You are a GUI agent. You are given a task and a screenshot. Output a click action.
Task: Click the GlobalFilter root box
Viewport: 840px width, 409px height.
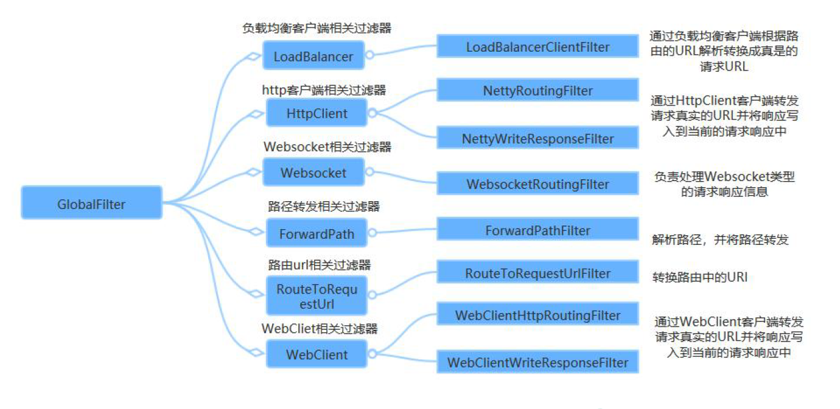tap(91, 203)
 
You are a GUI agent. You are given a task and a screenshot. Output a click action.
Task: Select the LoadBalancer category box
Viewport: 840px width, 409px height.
tap(313, 56)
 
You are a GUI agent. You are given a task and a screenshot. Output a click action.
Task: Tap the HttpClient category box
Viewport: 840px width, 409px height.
tap(317, 113)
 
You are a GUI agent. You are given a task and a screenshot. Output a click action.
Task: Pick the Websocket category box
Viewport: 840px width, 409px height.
tap(313, 172)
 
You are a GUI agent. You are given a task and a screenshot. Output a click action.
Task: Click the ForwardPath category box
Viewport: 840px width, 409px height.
tap(317, 233)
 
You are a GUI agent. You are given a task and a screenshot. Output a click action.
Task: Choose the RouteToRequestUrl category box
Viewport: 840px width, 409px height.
tap(317, 296)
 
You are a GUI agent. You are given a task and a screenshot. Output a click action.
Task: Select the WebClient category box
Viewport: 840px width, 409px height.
tap(317, 354)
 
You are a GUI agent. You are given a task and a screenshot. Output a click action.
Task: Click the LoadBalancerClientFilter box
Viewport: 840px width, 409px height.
tap(537, 47)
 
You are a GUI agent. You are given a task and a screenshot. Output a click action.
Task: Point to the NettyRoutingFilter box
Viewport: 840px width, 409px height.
tap(537, 90)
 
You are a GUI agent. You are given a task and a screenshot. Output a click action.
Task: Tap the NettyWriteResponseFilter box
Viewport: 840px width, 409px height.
tap(537, 138)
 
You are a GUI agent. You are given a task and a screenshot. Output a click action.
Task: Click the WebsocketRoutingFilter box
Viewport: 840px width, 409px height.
tap(537, 184)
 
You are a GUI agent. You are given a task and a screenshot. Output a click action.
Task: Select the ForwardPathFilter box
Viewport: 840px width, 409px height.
tap(537, 230)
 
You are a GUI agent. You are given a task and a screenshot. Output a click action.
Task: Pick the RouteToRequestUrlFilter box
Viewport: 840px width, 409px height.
tap(537, 273)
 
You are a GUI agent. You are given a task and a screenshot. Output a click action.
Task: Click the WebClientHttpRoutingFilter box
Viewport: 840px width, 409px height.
tap(537, 315)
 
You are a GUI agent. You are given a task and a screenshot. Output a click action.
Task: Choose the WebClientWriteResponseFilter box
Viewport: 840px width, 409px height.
tap(537, 362)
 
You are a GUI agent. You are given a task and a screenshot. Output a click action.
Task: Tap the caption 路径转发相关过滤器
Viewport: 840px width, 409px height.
tap(323, 207)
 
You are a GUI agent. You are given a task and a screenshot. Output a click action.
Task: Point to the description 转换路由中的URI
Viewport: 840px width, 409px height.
tap(699, 278)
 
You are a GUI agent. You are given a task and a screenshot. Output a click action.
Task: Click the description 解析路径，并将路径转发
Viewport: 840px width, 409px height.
tap(719, 240)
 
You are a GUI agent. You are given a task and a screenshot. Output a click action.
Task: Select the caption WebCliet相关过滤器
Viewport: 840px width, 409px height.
tap(320, 328)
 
